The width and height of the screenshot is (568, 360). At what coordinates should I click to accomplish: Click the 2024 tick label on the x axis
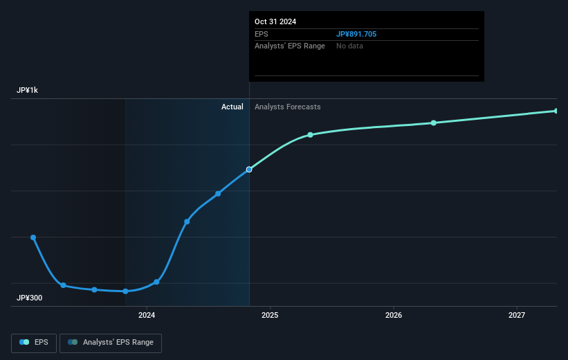146,315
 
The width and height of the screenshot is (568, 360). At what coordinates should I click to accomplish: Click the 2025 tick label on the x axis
270,315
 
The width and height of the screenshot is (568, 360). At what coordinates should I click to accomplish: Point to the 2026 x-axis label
393,315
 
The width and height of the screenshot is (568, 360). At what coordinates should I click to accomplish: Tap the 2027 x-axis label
517,315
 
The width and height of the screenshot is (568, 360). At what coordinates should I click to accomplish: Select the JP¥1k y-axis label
28,91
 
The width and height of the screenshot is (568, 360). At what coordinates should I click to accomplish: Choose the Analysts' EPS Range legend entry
111,343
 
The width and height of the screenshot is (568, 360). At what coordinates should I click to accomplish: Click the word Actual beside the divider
232,107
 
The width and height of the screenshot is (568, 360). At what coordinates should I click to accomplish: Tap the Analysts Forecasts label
287,107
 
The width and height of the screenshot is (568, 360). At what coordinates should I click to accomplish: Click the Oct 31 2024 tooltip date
275,21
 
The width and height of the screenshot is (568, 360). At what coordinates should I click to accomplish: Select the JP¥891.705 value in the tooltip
356,34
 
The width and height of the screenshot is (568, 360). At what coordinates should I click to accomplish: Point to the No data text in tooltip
349,46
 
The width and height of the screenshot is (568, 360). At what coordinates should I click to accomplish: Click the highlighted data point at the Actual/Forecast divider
249,170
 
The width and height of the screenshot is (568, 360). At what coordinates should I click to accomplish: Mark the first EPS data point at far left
33,237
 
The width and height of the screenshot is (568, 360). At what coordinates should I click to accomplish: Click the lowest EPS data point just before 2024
125,291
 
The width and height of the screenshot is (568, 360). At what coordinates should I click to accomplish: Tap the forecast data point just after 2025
310,135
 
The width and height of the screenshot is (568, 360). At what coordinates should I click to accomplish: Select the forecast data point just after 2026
434,123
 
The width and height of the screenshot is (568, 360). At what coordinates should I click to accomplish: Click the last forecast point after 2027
556,111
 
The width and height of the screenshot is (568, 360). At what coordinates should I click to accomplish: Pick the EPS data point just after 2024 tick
156,282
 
